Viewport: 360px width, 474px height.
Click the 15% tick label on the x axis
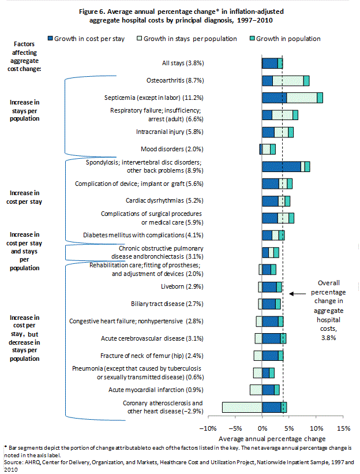pos(343,428)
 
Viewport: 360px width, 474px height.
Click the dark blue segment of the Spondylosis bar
pos(281,167)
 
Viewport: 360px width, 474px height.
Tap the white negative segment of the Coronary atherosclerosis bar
pos(242,407)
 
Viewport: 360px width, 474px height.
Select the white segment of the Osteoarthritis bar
pos(288,81)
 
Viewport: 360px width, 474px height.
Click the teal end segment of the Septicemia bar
pos(320,98)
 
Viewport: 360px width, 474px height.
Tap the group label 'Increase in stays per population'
pos(24,110)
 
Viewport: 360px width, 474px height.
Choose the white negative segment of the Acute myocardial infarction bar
pos(256,390)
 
